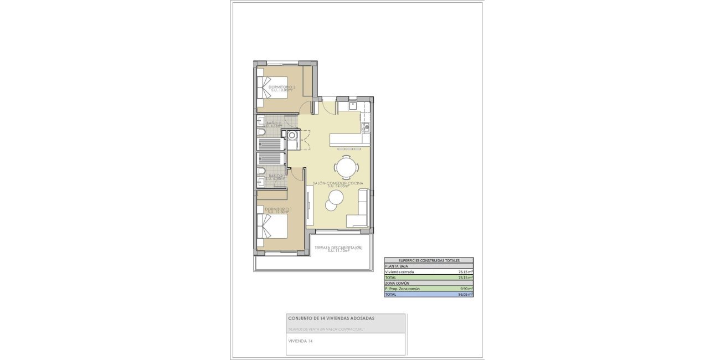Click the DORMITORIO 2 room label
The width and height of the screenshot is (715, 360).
pyautogui.click(x=282, y=88)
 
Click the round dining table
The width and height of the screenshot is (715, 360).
pyautogui.click(x=346, y=166)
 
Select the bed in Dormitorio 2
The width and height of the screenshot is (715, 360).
pyautogui.click(x=272, y=87)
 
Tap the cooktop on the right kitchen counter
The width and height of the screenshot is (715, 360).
pyautogui.click(x=365, y=127)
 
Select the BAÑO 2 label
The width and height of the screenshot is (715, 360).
pyautogui.click(x=274, y=123)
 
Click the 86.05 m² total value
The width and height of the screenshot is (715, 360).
pyautogui.click(x=465, y=295)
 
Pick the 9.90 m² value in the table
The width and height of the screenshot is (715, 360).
pyautogui.click(x=465, y=289)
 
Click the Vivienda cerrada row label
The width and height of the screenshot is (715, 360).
pyautogui.click(x=399, y=272)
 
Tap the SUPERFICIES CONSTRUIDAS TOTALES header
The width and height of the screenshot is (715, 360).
pyautogui.click(x=429, y=260)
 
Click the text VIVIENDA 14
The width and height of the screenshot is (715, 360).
pyautogui.click(x=300, y=341)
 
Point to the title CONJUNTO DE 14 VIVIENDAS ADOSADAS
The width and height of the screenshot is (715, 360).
pyautogui.click(x=331, y=318)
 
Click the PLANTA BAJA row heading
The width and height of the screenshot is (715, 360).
pyautogui.click(x=397, y=266)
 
